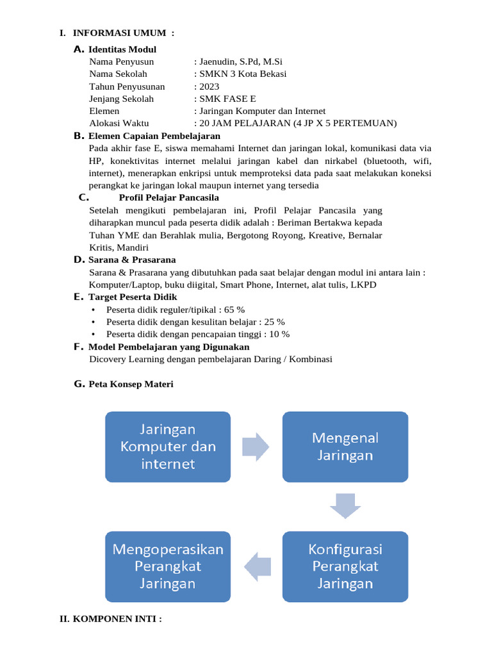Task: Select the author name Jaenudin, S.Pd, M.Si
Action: click(240, 61)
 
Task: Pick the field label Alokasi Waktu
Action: click(119, 123)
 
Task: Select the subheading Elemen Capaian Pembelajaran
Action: click(154, 136)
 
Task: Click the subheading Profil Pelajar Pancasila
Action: click(169, 197)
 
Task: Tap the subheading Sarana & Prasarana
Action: click(132, 259)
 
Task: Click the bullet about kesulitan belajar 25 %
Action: click(195, 322)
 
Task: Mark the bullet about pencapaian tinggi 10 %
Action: click(198, 334)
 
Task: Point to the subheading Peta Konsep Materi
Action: click(131, 384)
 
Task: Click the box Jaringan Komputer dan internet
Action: click(168, 446)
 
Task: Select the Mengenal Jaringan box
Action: click(345, 446)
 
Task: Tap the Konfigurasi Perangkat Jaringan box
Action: click(345, 566)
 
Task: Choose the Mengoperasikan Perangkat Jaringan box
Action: click(168, 566)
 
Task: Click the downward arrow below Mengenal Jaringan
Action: click(345, 507)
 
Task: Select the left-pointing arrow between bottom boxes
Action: click(256, 566)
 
